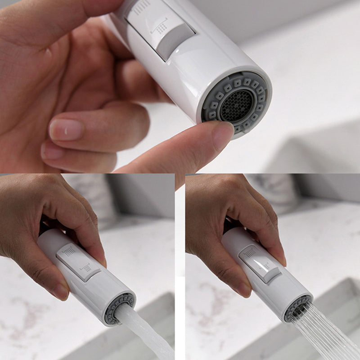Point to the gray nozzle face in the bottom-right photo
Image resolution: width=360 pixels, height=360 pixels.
297,308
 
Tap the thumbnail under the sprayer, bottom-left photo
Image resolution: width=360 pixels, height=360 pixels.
61,291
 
